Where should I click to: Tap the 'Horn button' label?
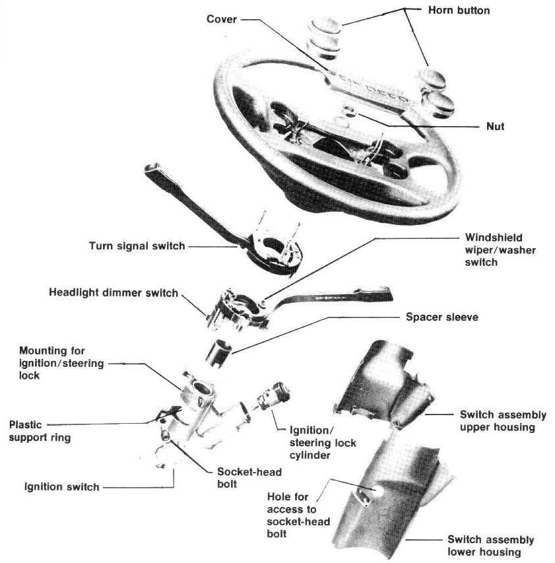[459, 11]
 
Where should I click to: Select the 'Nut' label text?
[494, 126]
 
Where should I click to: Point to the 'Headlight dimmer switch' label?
[114, 292]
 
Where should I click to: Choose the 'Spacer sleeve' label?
[442, 317]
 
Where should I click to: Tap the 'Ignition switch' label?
[61, 487]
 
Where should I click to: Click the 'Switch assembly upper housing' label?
[502, 421]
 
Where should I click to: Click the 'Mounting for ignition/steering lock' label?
[52, 362]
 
